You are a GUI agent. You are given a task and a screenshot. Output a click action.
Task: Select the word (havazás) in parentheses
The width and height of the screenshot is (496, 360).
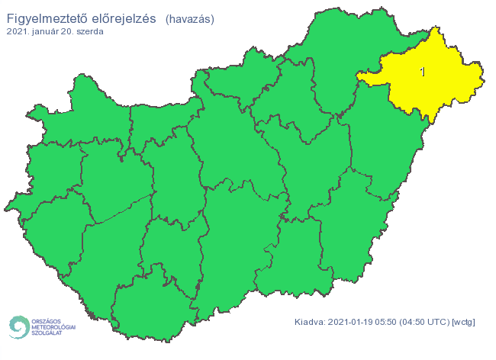click(189, 18)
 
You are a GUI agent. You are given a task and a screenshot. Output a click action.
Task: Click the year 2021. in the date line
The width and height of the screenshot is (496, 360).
click(19, 32)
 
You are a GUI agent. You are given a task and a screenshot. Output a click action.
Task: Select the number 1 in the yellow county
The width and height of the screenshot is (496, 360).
click(423, 72)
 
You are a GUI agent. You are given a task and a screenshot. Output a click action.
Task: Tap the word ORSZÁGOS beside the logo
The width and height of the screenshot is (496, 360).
click(47, 320)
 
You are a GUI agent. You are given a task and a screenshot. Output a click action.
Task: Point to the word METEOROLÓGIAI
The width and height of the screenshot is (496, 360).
click(53, 327)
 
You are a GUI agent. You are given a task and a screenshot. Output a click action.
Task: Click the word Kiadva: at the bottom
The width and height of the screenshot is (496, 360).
click(309, 322)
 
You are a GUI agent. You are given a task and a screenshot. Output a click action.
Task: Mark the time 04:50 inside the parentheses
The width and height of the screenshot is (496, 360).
click(415, 322)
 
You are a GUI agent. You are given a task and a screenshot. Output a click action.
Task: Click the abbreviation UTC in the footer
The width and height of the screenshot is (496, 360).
click(439, 322)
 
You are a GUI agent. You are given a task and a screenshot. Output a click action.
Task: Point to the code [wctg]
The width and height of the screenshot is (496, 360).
click(463, 322)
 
